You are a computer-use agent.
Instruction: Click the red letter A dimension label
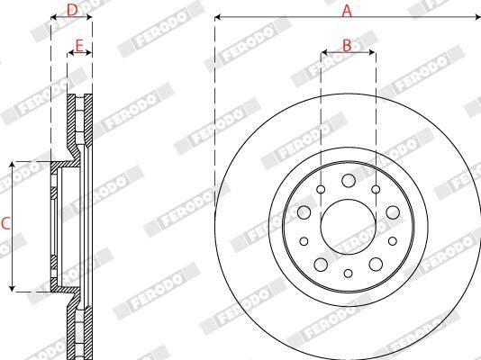point(347,10)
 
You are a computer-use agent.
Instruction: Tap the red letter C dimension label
point(5,225)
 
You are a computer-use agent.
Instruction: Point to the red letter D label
point(73,10)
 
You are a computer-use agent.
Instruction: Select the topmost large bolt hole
point(348,182)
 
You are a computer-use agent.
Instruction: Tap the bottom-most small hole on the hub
point(348,273)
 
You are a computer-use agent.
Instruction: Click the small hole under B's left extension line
point(321,189)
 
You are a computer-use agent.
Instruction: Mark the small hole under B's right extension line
point(376,189)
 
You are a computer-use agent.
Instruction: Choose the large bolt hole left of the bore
point(304,212)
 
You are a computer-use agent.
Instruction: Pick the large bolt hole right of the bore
point(392,212)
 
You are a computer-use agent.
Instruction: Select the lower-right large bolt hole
point(375,264)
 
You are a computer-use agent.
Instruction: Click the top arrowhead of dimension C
point(12,166)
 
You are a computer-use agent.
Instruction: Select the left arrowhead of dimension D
point(53,17)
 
